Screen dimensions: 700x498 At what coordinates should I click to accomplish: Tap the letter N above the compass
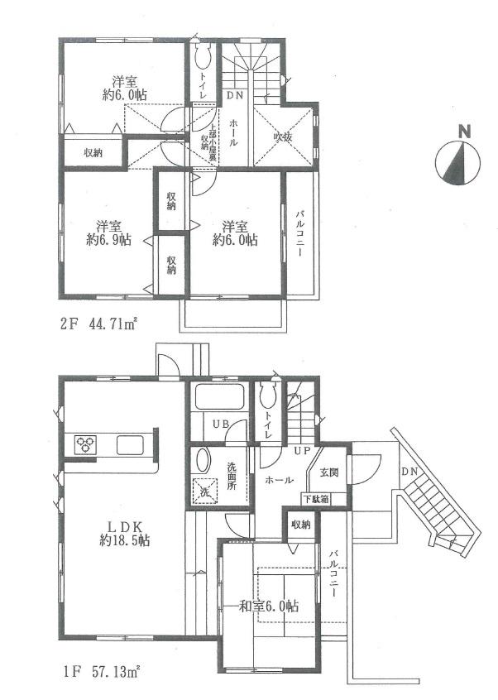tap(464, 132)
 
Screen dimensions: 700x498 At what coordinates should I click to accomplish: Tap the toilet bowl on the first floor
tap(266, 398)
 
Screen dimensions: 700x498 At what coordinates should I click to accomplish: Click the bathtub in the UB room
tap(218, 398)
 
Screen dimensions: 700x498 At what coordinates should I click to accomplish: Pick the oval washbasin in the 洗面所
tap(204, 463)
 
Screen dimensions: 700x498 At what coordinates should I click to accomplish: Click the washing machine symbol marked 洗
tap(204, 490)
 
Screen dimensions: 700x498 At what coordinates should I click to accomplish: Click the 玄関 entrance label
tap(328, 472)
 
